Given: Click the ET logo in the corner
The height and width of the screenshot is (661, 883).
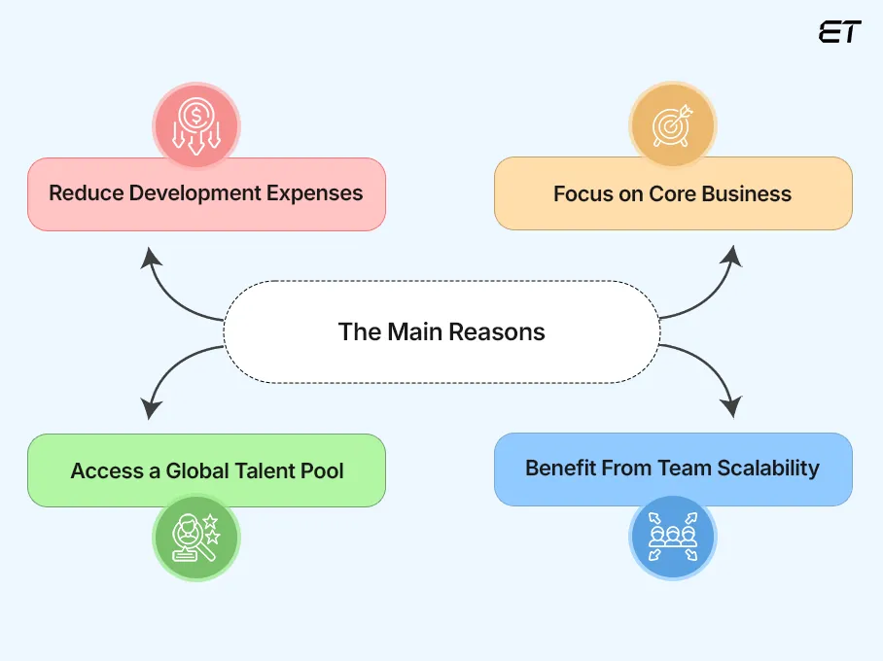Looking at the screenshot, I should coord(839,31).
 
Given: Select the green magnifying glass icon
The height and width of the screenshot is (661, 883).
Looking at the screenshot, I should coord(195,537).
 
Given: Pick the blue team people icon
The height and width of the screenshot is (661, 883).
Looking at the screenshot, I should coord(672,537).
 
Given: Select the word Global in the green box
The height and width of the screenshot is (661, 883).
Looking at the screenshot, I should coord(198,471).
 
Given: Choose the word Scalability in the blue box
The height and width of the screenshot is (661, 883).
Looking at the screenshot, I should coord(768,468).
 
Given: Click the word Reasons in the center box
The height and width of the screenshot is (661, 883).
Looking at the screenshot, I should coord(499,331).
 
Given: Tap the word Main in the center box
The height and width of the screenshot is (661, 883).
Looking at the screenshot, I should coord(414,331).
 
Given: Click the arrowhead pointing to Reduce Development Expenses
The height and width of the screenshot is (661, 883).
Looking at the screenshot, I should coord(150,258).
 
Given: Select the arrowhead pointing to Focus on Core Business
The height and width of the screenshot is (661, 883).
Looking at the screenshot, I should coord(731,258).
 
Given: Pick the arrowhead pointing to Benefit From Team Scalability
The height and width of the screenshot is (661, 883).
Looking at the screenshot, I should coord(731,407).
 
